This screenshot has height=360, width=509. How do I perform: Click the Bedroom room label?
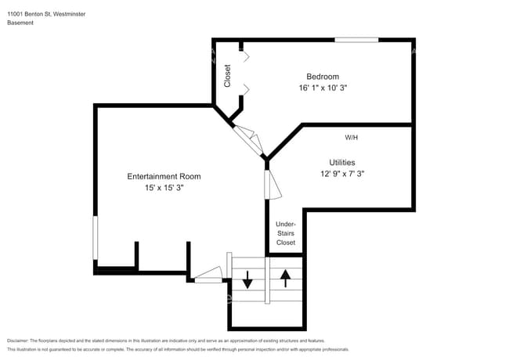coord(323,76)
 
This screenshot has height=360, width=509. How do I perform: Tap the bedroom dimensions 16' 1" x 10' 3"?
coord(323,88)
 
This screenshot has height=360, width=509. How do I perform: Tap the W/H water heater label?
coord(352,137)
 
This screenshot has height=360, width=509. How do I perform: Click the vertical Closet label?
coord(228,75)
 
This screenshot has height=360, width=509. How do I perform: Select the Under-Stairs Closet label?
coord(286,233)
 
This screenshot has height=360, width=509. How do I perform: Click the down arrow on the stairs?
coord(247,279)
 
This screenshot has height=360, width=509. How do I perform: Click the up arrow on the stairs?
coord(286,276)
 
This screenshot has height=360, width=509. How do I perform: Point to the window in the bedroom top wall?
coord(356,39)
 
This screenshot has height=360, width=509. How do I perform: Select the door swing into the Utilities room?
coord(273,185)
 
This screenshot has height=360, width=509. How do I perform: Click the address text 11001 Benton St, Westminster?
coord(46,13)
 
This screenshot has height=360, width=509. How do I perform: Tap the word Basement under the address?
coord(20,23)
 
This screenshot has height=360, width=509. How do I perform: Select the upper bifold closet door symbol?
coord(246,56)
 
